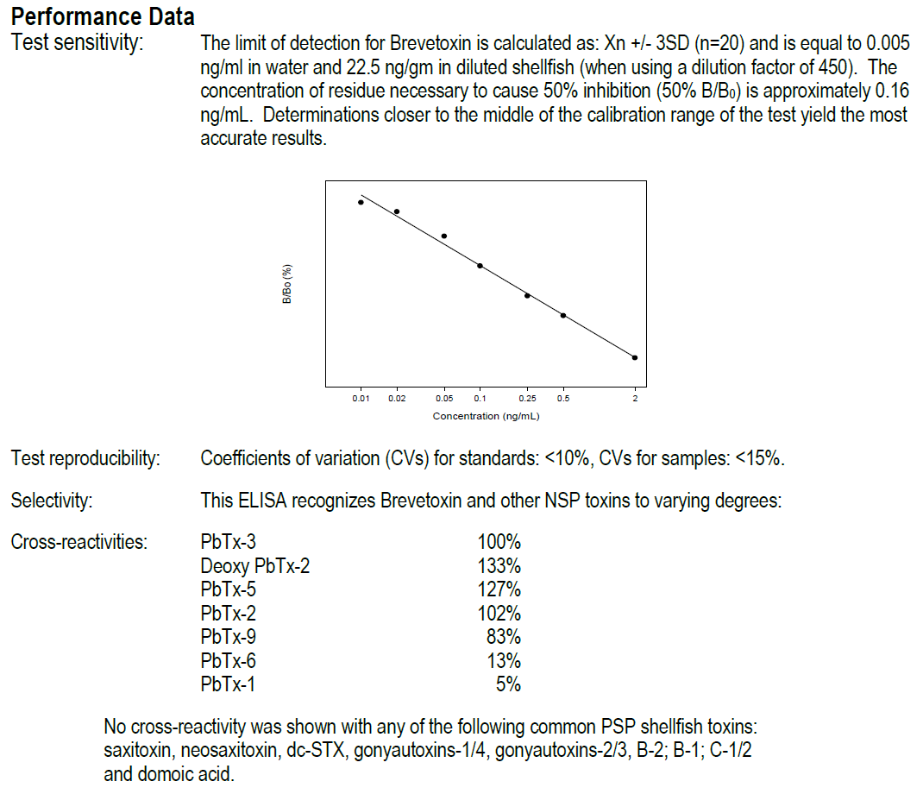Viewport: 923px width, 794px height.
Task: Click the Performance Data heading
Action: (103, 16)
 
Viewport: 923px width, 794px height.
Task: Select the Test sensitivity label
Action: (77, 41)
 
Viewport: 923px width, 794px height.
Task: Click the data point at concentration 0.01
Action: (361, 202)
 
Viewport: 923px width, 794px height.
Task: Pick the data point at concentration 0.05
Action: (443, 236)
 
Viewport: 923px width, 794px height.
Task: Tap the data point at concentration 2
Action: (635, 357)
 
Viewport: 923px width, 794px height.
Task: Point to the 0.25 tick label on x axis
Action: (527, 399)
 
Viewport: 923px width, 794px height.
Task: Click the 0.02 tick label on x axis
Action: (397, 399)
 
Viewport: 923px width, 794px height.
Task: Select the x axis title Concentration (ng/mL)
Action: (487, 416)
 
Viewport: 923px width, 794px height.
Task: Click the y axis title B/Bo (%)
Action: (287, 285)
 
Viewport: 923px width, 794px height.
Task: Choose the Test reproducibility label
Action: (85, 458)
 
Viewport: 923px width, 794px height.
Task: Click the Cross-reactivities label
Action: (78, 542)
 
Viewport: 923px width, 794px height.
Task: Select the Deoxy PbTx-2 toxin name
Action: (254, 566)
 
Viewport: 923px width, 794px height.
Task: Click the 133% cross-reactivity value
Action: (499, 566)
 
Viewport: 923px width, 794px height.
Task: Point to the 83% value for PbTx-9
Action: (505, 638)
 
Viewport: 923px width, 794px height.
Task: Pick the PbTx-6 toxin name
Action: (228, 661)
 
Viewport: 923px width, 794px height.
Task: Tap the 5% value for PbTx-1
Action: (509, 684)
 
